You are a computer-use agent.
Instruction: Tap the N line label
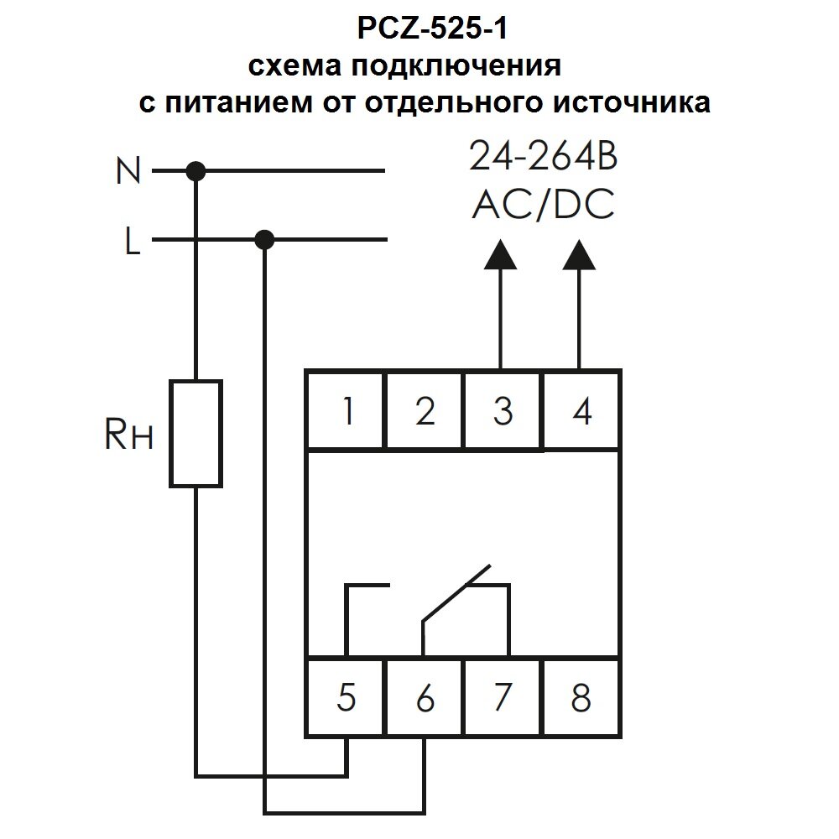tap(128, 173)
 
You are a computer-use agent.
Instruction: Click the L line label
tap(132, 243)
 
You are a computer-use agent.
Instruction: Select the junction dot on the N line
tap(196, 172)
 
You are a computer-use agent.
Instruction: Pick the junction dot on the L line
tap(264, 241)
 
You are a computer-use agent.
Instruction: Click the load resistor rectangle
tap(196, 433)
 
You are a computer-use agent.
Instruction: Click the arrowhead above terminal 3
tap(501, 255)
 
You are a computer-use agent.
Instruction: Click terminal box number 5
tap(346, 698)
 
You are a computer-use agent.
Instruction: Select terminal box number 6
tap(425, 698)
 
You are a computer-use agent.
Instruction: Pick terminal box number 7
tap(502, 698)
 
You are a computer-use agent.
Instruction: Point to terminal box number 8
tap(581, 698)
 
